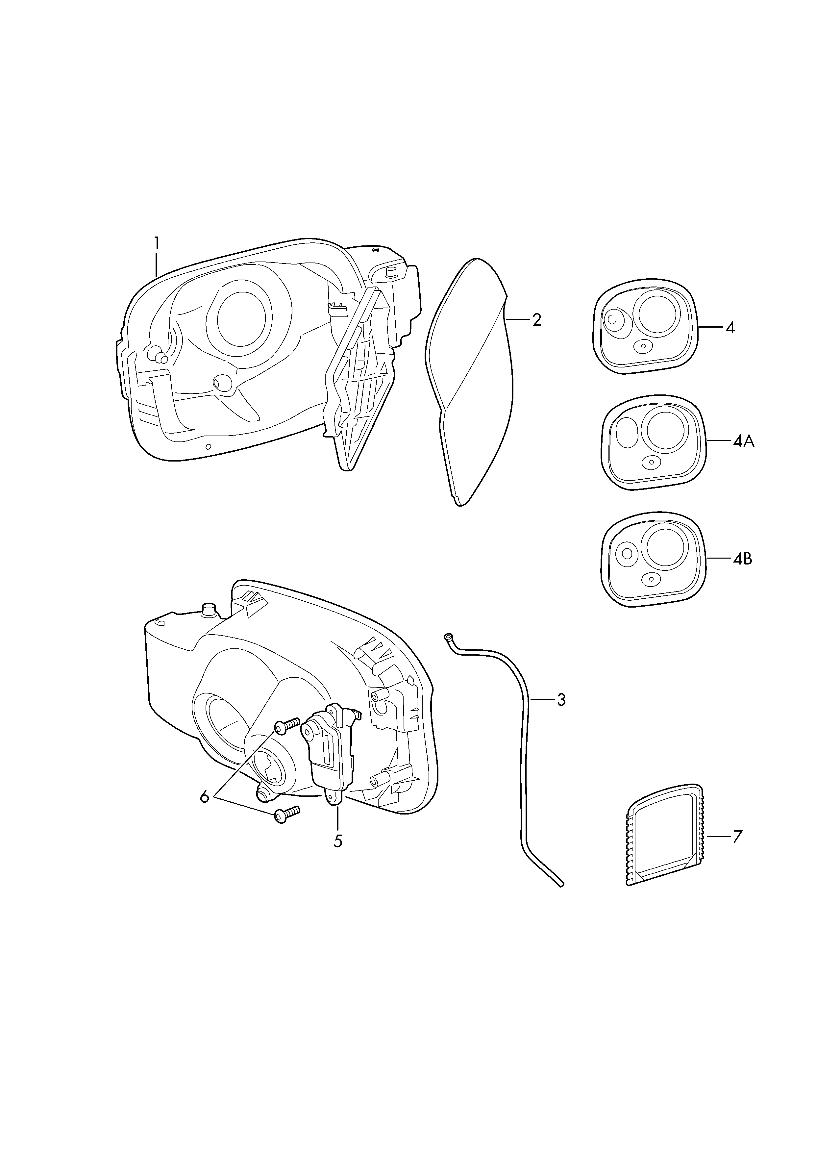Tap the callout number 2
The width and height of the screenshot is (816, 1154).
tap(537, 320)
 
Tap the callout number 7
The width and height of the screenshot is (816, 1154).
tap(737, 837)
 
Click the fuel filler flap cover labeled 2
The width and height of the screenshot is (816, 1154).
tap(470, 382)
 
